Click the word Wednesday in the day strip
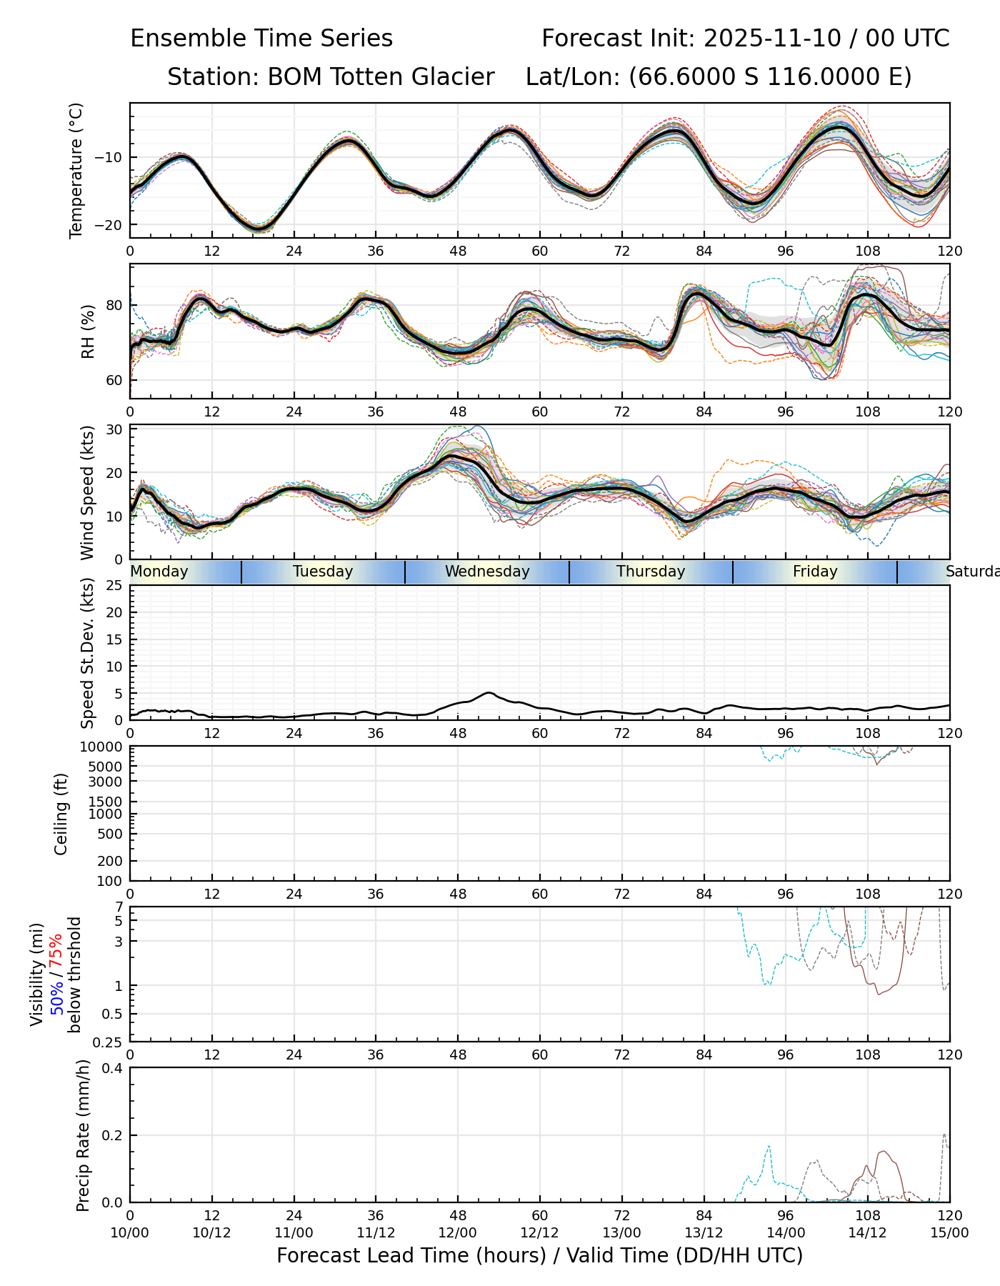[x=487, y=572]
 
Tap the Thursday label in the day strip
[x=651, y=572]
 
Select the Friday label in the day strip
[x=815, y=572]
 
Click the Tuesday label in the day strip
[x=323, y=572]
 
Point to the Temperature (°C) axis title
[x=76, y=170]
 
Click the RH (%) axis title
[x=88, y=332]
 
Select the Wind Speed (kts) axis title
[x=87, y=492]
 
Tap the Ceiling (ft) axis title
[x=61, y=814]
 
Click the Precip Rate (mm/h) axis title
[x=83, y=1135]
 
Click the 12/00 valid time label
[x=458, y=1232]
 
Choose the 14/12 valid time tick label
[x=868, y=1232]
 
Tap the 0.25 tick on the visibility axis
[x=109, y=1042]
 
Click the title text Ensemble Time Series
[x=261, y=39]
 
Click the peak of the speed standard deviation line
[x=489, y=692]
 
